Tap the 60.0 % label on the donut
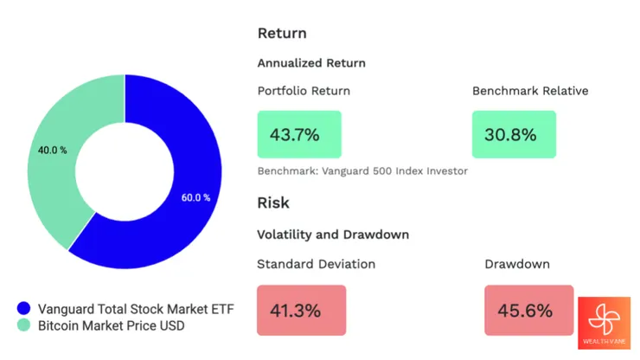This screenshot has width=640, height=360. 195,197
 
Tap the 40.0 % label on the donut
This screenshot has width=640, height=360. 52,150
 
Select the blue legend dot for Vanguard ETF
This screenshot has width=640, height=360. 23,308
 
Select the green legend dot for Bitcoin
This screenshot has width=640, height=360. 23,325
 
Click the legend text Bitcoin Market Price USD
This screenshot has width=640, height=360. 111,325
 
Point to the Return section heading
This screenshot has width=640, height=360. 282,33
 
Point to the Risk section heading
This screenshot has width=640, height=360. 273,202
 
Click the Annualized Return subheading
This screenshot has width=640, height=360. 311,63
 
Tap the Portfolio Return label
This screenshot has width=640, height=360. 304,91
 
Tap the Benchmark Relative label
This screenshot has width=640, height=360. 530,91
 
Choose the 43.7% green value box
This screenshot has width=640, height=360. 299,134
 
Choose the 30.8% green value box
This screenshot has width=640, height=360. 514,134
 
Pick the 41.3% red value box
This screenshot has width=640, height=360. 301,309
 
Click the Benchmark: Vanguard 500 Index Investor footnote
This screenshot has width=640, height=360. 362,170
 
